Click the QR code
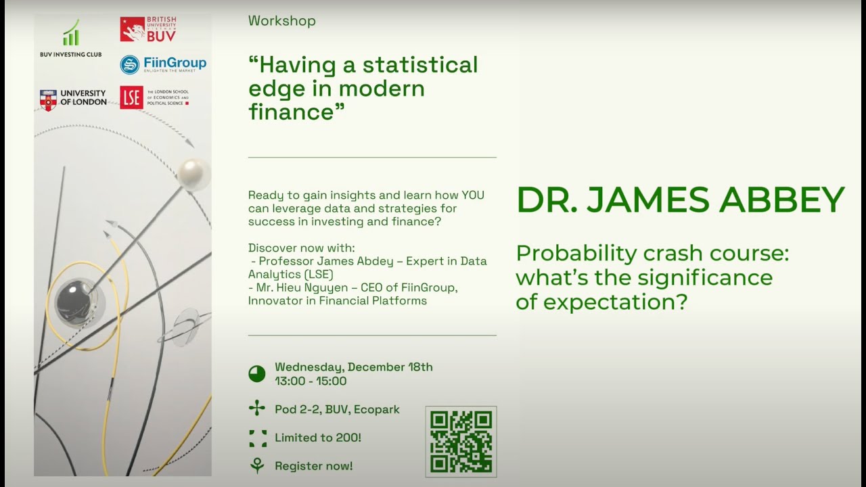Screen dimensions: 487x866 click(461, 442)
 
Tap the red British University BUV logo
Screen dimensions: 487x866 click(148, 30)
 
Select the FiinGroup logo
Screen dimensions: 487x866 click(163, 64)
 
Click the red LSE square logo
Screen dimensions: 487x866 click(131, 97)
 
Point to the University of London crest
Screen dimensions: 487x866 click(48, 99)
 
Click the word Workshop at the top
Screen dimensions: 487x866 click(281, 21)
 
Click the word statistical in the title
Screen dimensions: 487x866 click(419, 65)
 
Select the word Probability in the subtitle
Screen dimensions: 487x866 click(575, 254)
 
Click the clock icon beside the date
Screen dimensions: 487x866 click(257, 374)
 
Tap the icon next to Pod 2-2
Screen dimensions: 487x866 click(257, 409)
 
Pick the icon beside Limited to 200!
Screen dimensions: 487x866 click(257, 438)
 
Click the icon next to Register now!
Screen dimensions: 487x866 click(257, 465)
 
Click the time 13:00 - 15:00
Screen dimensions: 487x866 click(311, 381)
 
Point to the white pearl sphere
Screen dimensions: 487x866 click(193, 173)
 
